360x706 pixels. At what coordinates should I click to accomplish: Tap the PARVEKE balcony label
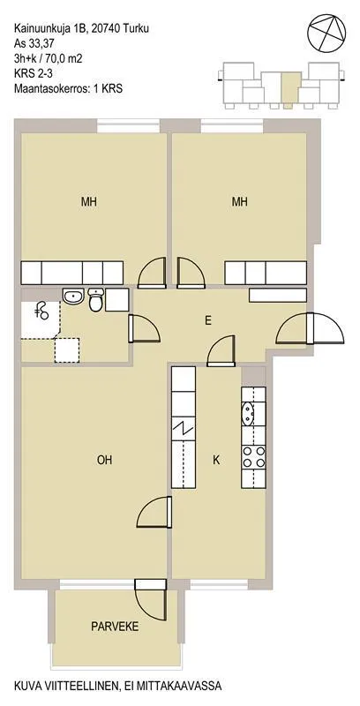tap(115, 627)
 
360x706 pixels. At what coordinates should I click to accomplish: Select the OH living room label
tap(104, 460)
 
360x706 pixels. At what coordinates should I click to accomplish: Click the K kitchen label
tap(216, 460)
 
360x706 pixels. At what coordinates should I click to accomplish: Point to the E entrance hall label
tap(208, 320)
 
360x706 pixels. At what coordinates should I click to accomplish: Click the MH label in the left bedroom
tap(88, 202)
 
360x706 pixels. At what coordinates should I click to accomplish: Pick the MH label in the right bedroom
tap(239, 202)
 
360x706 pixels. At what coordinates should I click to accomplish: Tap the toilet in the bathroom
tap(96, 300)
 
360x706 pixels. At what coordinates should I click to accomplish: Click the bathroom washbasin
tap(73, 297)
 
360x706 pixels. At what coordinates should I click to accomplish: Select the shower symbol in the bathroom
tap(41, 312)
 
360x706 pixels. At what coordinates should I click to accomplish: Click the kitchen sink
tap(247, 414)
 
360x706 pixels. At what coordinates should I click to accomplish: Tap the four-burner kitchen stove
tap(253, 456)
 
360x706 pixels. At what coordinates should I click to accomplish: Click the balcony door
tap(151, 599)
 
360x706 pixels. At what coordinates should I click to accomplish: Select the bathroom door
tap(144, 328)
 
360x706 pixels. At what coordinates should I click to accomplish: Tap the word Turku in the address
tap(137, 29)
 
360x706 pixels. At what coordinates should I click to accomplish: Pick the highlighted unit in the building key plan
tap(289, 90)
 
